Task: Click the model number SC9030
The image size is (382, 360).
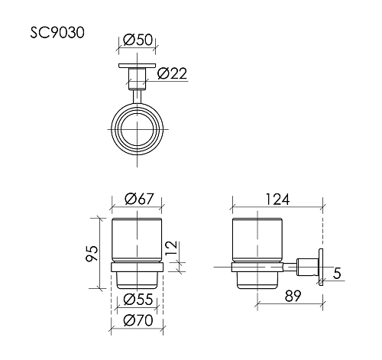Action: (57, 33)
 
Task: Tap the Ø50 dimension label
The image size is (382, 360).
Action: (138, 40)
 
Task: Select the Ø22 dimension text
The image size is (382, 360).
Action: (172, 73)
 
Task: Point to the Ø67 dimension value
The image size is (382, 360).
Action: (140, 199)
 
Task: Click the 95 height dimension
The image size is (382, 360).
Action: (92, 253)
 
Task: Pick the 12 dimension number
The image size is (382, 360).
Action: (171, 248)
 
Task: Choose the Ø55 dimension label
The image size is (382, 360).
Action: (138, 299)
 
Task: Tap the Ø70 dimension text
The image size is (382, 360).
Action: (138, 320)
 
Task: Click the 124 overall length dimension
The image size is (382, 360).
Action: (277, 199)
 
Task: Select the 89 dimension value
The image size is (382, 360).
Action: (293, 296)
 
